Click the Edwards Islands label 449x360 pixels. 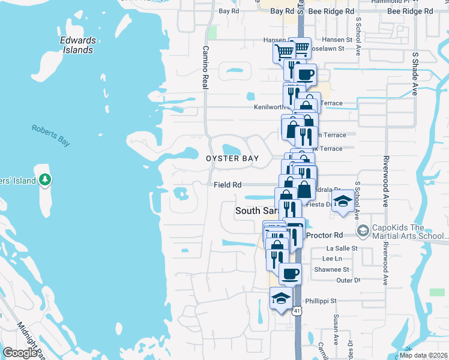pyautogui.click(x=78, y=45)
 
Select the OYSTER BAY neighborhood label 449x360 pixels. pyautogui.click(x=232, y=158)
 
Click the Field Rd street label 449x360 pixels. pyautogui.click(x=228, y=185)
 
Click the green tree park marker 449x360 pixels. pyautogui.click(x=44, y=179)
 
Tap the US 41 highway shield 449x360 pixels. pyautogui.click(x=297, y=311)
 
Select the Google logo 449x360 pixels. pyautogui.click(x=20, y=352)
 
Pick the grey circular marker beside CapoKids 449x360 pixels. pyautogui.click(x=362, y=231)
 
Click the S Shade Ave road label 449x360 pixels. pyautogui.click(x=414, y=73)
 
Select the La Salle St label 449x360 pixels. pyautogui.click(x=342, y=248)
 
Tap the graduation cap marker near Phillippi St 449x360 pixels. pyautogui.click(x=281, y=297)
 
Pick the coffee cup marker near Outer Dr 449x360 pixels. pyautogui.click(x=291, y=273)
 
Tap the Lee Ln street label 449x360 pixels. pyautogui.click(x=332, y=258)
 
